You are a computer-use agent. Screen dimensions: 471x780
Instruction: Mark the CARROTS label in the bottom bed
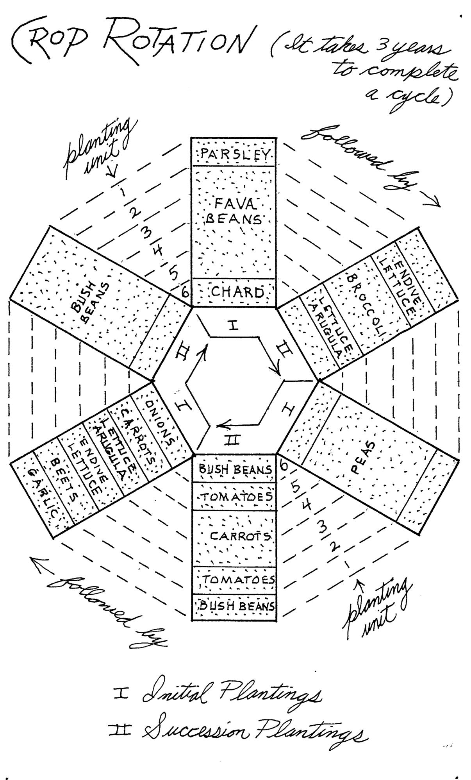[x=241, y=536]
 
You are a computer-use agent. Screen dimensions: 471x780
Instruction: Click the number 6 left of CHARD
[x=186, y=292]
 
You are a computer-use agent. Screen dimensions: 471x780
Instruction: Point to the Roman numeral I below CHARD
[x=234, y=325]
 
